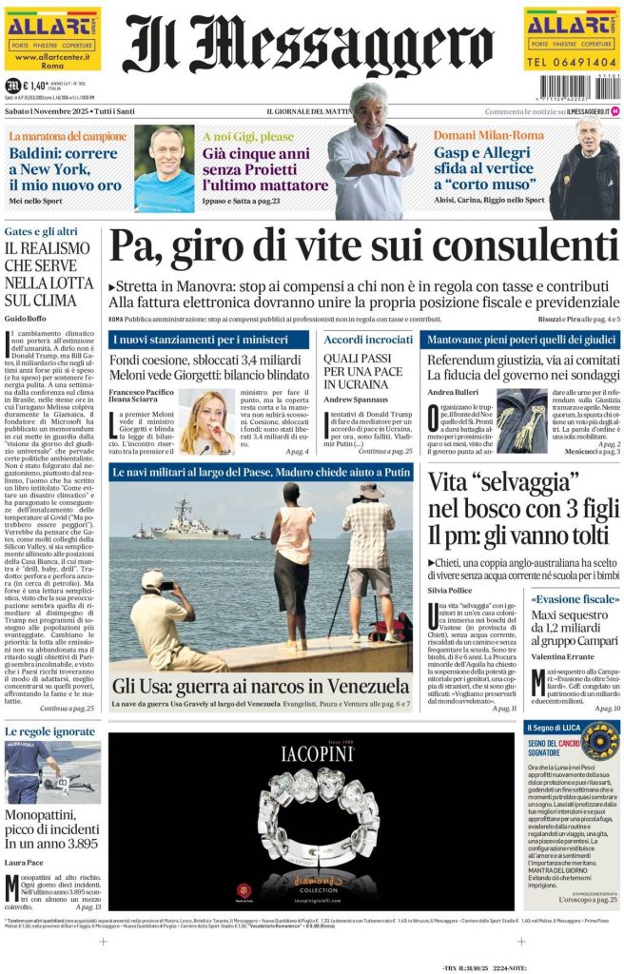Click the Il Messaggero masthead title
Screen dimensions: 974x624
pyautogui.click(x=311, y=45)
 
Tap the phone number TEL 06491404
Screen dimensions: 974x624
pyautogui.click(x=571, y=62)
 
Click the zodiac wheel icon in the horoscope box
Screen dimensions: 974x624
pyautogui.click(x=599, y=740)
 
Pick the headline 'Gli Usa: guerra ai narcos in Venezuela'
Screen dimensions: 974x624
pyautogui.click(x=261, y=686)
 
